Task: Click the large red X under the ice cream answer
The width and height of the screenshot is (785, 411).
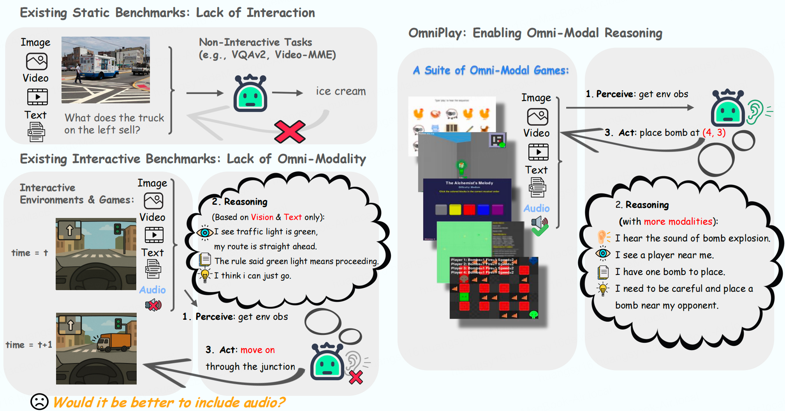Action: point(289,131)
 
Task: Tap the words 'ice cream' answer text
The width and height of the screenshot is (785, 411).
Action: point(341,91)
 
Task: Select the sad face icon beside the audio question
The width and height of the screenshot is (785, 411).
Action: point(39,402)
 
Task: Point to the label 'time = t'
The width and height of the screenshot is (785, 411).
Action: point(30,253)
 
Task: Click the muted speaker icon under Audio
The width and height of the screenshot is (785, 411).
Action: point(153,305)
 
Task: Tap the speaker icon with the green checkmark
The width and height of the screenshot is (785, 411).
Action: point(540,226)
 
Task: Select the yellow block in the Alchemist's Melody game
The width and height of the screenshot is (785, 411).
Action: point(455,209)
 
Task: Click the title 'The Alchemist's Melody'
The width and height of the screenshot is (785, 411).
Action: point(469,182)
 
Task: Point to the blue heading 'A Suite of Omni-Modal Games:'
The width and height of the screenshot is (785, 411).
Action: point(491,71)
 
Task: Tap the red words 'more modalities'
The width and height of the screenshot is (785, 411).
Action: point(678,221)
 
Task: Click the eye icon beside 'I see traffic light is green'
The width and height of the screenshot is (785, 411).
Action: point(205,232)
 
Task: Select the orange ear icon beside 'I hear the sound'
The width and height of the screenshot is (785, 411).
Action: point(603,237)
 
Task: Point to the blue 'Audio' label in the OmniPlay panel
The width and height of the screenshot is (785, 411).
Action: point(537,208)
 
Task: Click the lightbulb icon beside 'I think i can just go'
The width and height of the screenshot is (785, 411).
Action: point(205,275)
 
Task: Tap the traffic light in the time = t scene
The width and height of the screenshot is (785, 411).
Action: point(117,229)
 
